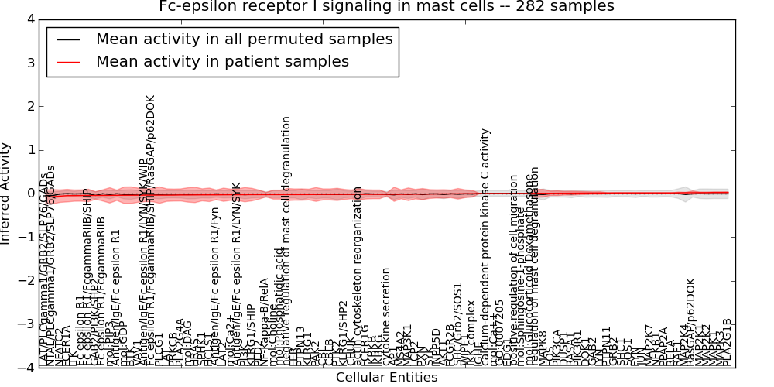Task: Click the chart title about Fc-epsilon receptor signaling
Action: [386, 7]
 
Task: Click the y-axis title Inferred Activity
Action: [7, 193]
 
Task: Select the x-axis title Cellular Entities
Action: [386, 378]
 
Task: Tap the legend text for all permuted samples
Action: [244, 39]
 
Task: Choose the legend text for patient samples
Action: [222, 61]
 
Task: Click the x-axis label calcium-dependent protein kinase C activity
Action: [486, 248]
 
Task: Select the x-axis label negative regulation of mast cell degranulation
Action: [286, 240]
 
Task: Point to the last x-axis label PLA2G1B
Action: [727, 341]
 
